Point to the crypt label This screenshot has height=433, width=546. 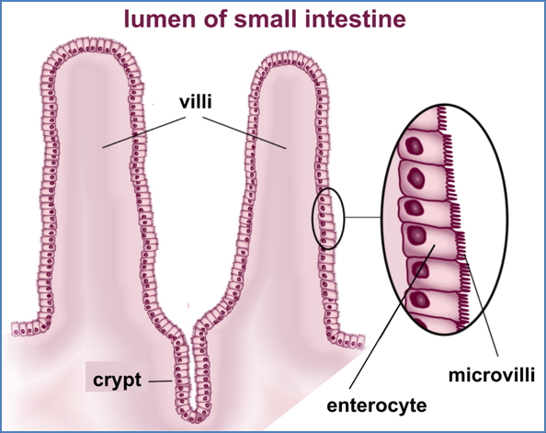119,380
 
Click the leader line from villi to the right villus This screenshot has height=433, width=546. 249,133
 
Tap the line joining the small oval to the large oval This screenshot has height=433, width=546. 368,218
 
